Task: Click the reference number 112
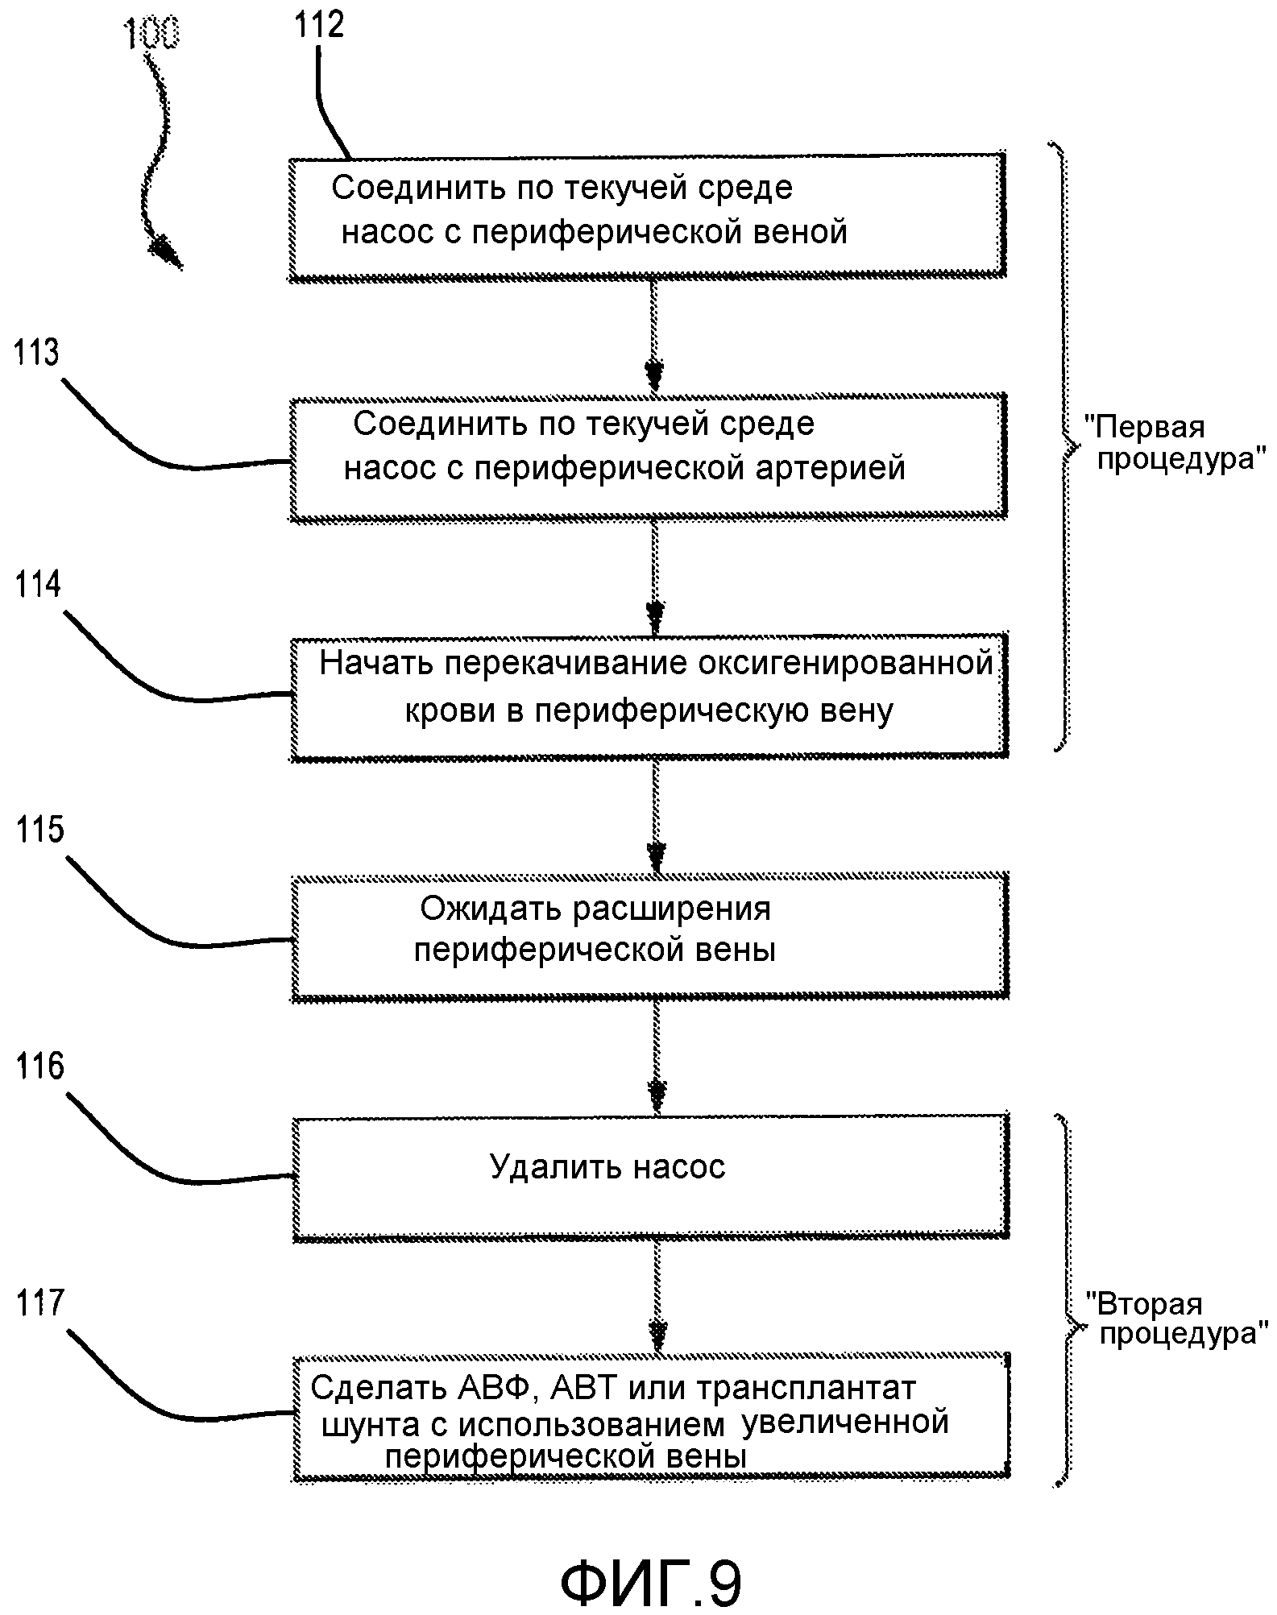coord(319,26)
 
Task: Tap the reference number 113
coord(36,354)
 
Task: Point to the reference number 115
coord(39,830)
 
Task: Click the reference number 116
coord(39,1066)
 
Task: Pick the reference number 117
coord(39,1303)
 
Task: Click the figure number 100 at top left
coord(151,35)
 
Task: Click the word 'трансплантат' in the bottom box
coord(806,1388)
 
